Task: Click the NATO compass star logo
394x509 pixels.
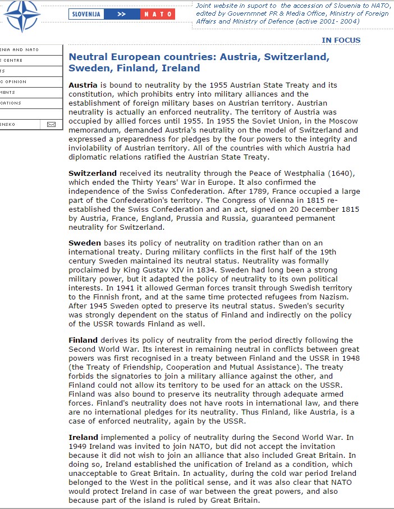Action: (x=21, y=15)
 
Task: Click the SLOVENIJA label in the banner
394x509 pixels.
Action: (x=87, y=14)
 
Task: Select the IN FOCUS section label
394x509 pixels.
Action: (x=341, y=40)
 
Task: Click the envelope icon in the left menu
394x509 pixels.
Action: (x=52, y=124)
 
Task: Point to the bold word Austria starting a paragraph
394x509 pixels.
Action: (x=83, y=85)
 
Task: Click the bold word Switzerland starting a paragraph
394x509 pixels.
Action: (x=93, y=174)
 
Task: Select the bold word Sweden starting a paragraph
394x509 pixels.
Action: (x=85, y=243)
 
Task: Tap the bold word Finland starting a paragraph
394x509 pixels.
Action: (x=83, y=340)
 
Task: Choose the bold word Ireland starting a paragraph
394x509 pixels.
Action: (x=83, y=437)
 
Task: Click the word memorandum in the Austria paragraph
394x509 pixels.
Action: (x=92, y=130)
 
